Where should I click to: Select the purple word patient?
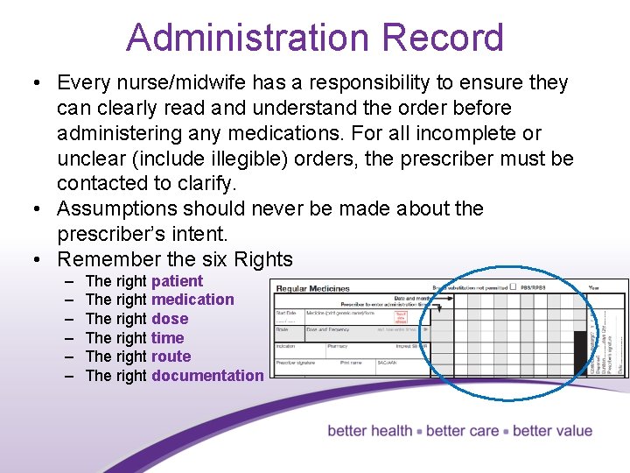pos(177,281)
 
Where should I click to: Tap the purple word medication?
pos(192,300)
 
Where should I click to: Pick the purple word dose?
pos(170,319)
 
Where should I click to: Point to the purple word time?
pos(167,338)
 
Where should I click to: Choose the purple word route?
pos(171,357)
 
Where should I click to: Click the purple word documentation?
pos(207,376)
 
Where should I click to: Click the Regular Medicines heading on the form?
pos(312,288)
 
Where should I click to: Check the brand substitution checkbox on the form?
pos(513,286)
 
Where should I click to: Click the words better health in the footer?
pos(369,431)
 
